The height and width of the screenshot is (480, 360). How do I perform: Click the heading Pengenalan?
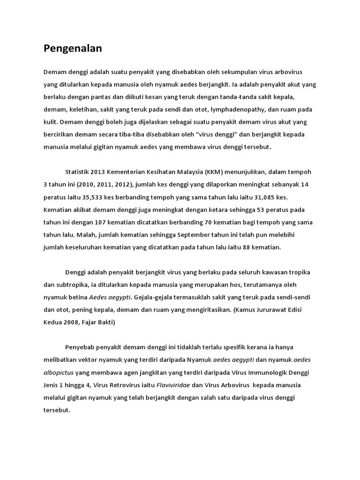[x=73, y=48]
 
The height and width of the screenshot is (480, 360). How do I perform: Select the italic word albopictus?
[x=59, y=373]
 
